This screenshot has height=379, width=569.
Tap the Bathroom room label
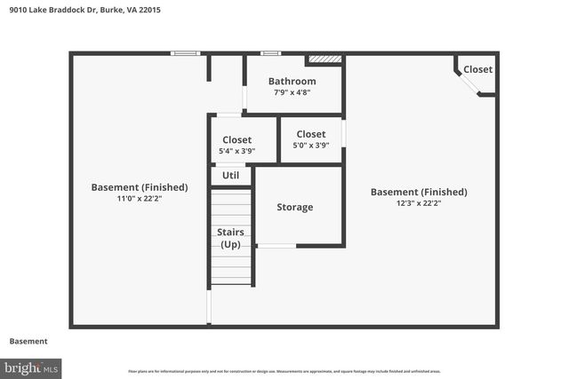click(x=292, y=82)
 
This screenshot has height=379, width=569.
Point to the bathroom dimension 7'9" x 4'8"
click(x=292, y=92)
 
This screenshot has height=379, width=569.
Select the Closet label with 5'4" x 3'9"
click(x=236, y=139)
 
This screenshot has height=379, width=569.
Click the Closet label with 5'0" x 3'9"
click(x=310, y=134)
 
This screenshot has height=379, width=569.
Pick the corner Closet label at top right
click(x=477, y=69)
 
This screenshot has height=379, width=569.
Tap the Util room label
click(x=230, y=176)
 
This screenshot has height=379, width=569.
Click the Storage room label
click(x=294, y=207)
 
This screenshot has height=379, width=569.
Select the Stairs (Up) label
click(x=230, y=238)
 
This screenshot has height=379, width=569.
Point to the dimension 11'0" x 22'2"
click(x=139, y=199)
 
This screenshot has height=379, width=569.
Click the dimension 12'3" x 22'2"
click(x=418, y=203)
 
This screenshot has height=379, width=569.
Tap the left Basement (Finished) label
click(x=139, y=187)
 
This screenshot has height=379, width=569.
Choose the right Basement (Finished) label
click(x=418, y=192)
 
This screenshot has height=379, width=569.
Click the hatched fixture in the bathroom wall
click(x=325, y=60)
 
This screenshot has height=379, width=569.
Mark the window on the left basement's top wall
click(x=185, y=53)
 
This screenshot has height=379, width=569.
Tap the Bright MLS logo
click(x=31, y=367)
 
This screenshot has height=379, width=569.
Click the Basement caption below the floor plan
click(x=28, y=342)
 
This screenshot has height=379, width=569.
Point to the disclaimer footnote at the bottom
click(x=284, y=371)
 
